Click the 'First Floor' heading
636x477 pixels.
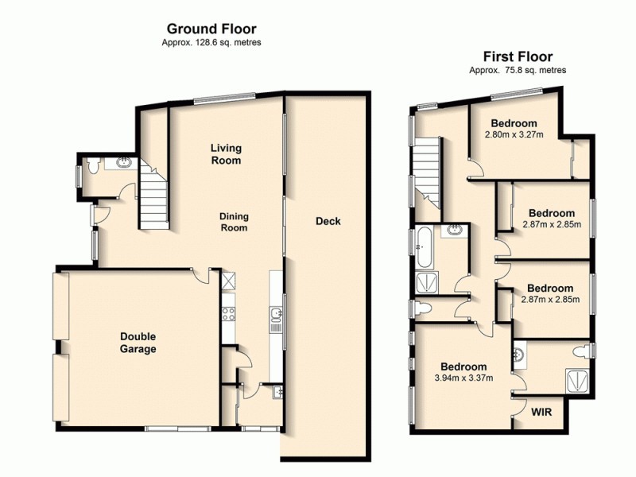(x=518, y=56)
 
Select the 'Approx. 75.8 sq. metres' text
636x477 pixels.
(x=518, y=70)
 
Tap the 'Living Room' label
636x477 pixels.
(x=226, y=154)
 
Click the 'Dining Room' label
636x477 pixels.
(x=234, y=222)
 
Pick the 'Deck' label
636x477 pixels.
(x=328, y=221)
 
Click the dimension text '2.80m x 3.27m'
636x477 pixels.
(x=514, y=134)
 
